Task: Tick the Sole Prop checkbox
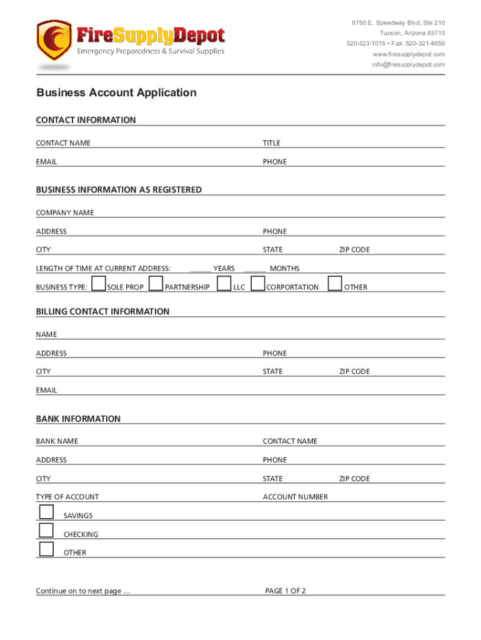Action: click(x=98, y=284)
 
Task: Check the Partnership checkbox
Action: click(x=156, y=284)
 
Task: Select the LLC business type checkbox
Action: click(x=224, y=284)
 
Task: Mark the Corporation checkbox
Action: click(x=257, y=284)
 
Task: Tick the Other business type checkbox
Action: click(x=335, y=284)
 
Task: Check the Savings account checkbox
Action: click(x=46, y=512)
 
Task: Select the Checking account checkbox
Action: click(x=46, y=531)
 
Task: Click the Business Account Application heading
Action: click(x=116, y=92)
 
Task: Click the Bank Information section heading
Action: click(x=78, y=419)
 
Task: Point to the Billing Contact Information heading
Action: click(x=102, y=311)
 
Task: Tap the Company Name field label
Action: click(x=65, y=212)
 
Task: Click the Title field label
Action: click(x=271, y=143)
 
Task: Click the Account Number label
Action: click(x=295, y=497)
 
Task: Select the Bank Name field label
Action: click(x=57, y=441)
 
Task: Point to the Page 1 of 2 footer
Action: click(x=285, y=591)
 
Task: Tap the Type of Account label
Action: click(x=67, y=497)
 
